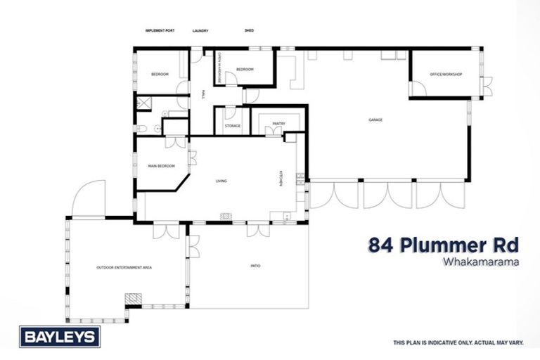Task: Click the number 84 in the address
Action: tap(382, 245)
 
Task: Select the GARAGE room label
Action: tap(375, 120)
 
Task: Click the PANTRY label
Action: tap(278, 124)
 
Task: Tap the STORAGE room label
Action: tap(233, 126)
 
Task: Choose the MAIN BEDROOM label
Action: tap(161, 166)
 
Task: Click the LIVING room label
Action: tap(221, 181)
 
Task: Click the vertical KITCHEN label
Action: tap(281, 180)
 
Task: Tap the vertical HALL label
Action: tap(203, 94)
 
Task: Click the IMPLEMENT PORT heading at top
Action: tap(159, 31)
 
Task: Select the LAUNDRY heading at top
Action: tap(202, 31)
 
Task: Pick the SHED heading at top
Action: tap(249, 31)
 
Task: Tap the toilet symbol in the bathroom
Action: tap(141, 129)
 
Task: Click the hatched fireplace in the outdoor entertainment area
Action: tap(132, 299)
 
